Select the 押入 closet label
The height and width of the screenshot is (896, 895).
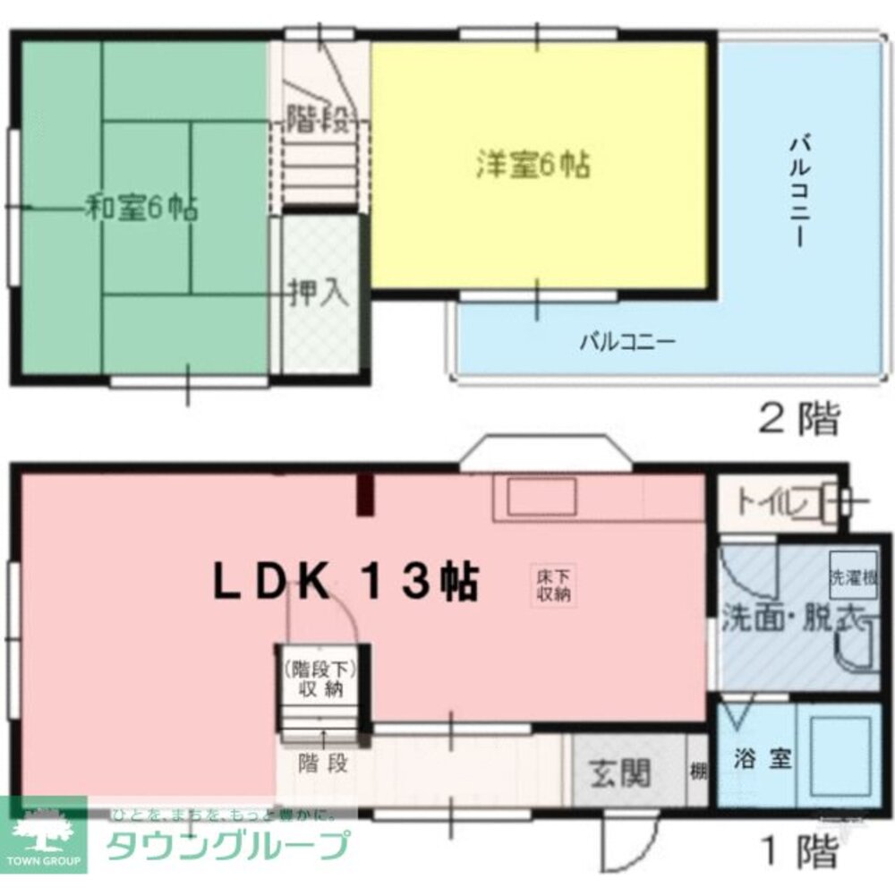318,294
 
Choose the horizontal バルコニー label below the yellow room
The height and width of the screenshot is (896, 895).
626,341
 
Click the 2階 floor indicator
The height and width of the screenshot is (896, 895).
799,418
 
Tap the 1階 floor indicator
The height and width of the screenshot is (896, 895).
799,849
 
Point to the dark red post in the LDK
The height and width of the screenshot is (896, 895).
365,495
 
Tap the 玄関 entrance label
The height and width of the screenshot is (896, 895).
620,772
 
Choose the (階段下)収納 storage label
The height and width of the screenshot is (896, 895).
321,679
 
